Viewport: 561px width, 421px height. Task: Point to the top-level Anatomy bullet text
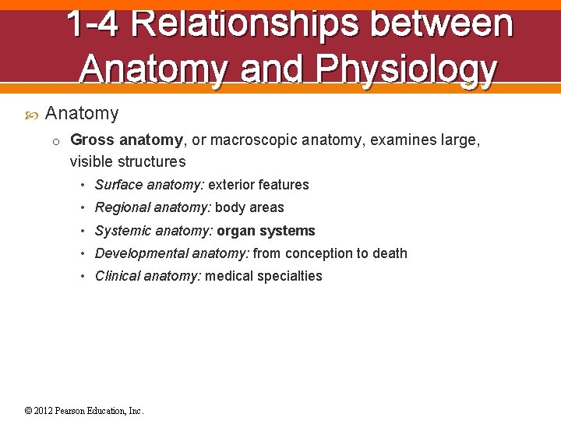82,114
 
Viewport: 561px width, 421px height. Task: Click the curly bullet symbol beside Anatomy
30,115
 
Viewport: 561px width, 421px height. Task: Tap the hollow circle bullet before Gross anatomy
56,141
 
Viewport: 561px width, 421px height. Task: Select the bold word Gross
91,140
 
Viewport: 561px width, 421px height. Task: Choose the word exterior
231,185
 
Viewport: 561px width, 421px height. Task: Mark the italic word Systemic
123,231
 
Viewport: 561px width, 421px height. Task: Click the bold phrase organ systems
266,231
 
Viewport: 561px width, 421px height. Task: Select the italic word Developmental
141,253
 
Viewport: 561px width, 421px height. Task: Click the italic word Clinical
118,276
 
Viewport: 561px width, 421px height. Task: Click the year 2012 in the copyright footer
44,411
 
